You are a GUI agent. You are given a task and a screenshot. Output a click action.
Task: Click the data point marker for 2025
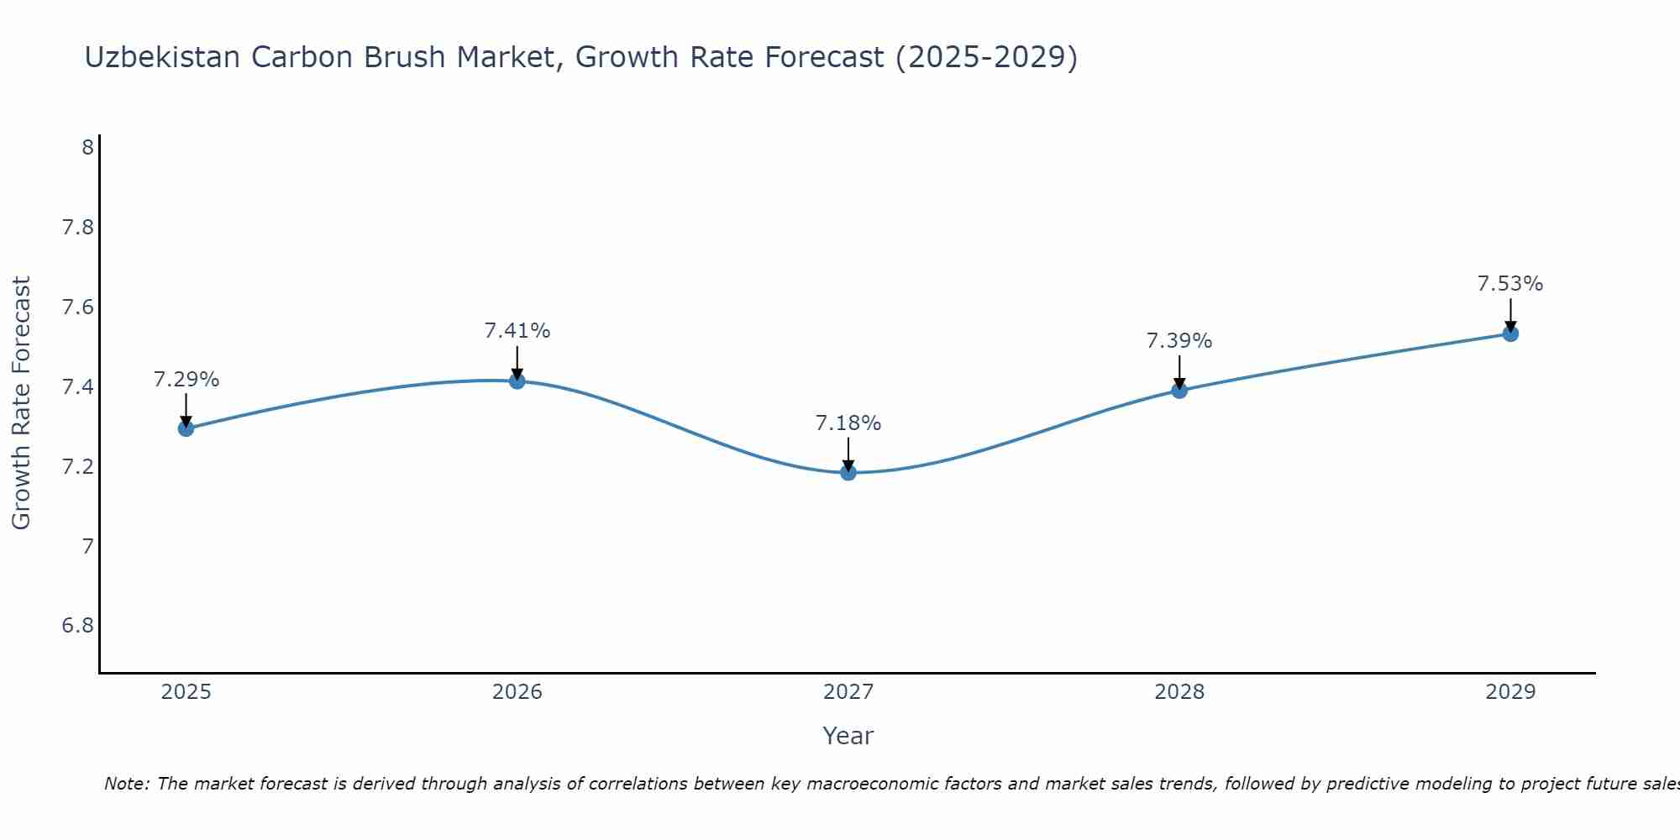[186, 428]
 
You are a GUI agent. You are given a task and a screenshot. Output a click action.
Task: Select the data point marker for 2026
[517, 381]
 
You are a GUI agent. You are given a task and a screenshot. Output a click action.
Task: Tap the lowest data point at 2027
[848, 472]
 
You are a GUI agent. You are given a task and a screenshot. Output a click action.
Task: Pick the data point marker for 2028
[1179, 390]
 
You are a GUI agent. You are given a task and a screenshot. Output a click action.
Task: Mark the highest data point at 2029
[1509, 333]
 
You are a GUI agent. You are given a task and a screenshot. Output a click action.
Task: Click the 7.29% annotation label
[186, 380]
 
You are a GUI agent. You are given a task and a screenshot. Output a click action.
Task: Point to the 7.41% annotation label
[517, 331]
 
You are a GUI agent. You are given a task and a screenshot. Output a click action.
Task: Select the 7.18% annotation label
[848, 423]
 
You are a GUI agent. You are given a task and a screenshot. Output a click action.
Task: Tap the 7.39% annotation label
[1179, 341]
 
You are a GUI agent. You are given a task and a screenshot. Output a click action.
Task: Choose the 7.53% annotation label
[1509, 284]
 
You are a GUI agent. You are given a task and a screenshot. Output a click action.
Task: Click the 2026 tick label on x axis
[517, 692]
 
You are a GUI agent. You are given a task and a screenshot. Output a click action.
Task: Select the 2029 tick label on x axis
[1509, 692]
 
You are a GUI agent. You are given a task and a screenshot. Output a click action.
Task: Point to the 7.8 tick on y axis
[77, 228]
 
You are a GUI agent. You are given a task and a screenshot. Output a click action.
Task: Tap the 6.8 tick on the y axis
[77, 626]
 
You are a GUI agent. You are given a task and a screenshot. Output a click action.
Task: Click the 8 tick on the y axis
[87, 148]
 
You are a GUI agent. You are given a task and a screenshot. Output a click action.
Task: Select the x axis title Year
[848, 736]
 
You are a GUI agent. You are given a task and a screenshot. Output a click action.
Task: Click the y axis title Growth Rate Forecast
[21, 403]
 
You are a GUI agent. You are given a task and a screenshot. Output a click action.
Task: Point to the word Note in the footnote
[126, 784]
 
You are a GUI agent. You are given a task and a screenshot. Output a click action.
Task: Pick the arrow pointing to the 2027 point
[848, 454]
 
